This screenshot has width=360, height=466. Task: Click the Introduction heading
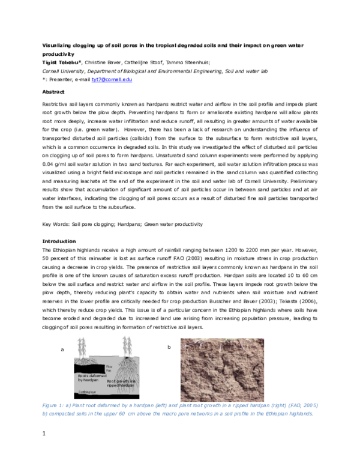58,241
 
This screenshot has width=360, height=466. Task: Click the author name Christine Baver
104,62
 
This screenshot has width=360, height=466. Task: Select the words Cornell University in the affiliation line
62,70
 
